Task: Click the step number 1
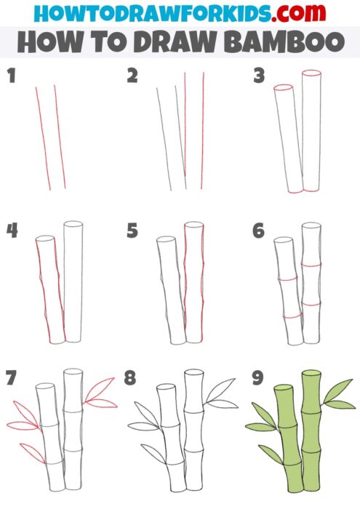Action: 11,76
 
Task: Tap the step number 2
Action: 132,76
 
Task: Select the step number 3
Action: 258,76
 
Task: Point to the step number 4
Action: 12,231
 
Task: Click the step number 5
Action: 132,231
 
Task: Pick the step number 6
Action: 258,231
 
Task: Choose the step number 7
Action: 11,379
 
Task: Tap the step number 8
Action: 131,379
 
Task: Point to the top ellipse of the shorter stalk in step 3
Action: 283,87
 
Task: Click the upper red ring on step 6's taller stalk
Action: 311,265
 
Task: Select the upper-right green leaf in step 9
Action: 338,390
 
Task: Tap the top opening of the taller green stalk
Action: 311,374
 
